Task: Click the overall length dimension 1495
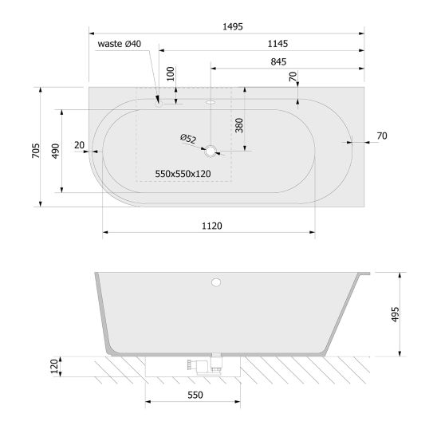coord(233,27)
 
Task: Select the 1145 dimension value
coord(278,44)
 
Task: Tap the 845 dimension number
coord(278,61)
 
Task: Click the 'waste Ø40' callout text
coord(120,44)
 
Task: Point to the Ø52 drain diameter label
coord(188,139)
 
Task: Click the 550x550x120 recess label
coord(183,174)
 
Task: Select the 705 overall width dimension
coord(36,151)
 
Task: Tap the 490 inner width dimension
coord(56,151)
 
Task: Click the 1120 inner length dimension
coord(212,226)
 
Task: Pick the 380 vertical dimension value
coord(239,125)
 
